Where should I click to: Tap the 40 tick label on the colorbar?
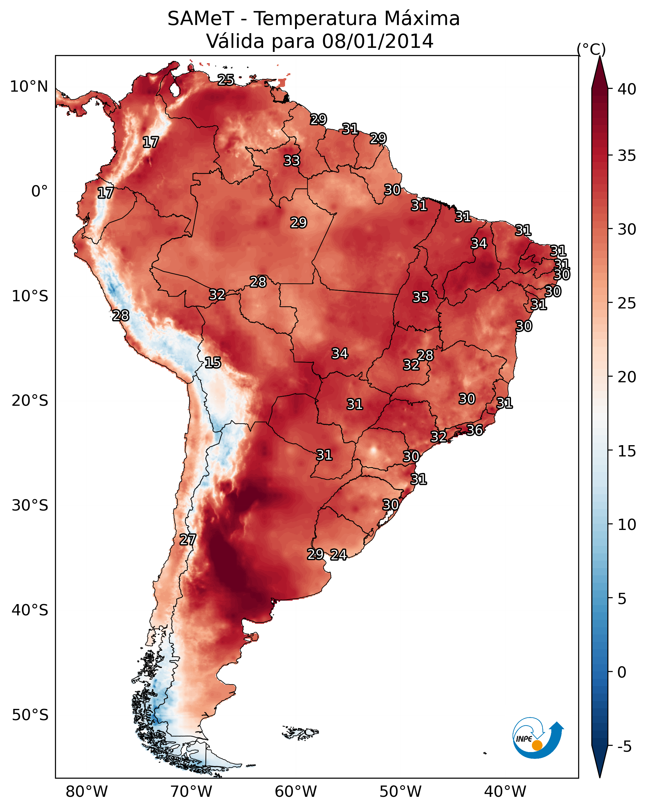(x=627, y=89)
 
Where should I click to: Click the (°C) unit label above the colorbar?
(x=591, y=49)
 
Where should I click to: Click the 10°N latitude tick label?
(x=29, y=87)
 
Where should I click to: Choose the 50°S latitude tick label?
(x=30, y=715)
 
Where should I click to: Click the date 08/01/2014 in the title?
(x=378, y=41)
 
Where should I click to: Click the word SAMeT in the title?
(x=201, y=18)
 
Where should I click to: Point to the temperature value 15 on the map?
(x=213, y=363)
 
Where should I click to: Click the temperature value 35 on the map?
(x=420, y=297)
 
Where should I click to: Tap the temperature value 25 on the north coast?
(x=226, y=80)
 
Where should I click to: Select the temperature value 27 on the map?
(x=188, y=540)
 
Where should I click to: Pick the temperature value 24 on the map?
(x=338, y=555)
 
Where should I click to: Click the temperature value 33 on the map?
(x=292, y=160)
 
